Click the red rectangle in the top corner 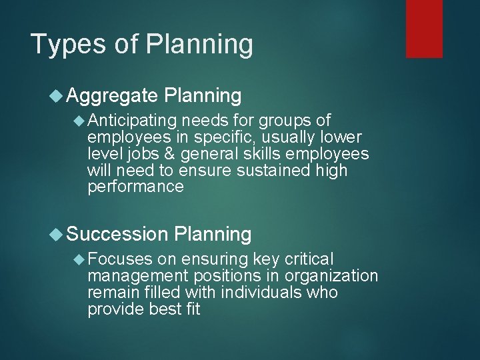pyautogui.click(x=424, y=29)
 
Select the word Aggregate pyautogui.click(x=112, y=96)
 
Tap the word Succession pyautogui.click(x=117, y=234)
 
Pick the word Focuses pyautogui.click(x=119, y=259)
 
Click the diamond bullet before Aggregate pyautogui.click(x=57, y=96)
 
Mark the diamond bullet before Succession pyautogui.click(x=57, y=234)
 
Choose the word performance pyautogui.click(x=135, y=187)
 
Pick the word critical pyautogui.click(x=305, y=259)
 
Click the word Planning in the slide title pyautogui.click(x=199, y=45)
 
